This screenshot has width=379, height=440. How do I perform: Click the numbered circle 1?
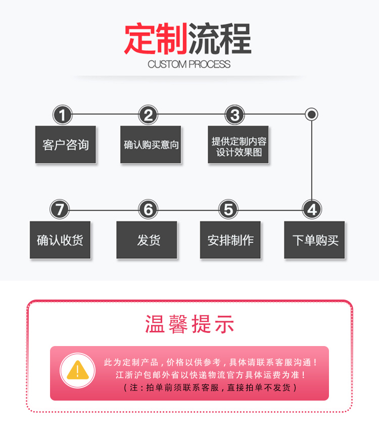pyautogui.click(x=62, y=115)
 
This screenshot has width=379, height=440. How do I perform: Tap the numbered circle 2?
pyautogui.click(x=148, y=115)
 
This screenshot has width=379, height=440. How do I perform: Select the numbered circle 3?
pyautogui.click(x=234, y=115)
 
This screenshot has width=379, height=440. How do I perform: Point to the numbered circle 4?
pyautogui.click(x=312, y=210)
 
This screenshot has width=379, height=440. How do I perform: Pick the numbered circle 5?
pyautogui.click(x=228, y=210)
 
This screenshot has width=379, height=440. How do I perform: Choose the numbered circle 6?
pyautogui.click(x=148, y=210)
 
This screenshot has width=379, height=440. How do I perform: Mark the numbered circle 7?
pyautogui.click(x=60, y=210)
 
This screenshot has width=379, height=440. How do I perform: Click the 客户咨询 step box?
pyautogui.click(x=65, y=144)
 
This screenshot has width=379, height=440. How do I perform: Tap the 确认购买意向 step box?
pyautogui.click(x=151, y=144)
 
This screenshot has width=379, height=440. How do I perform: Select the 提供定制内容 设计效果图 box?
pyautogui.click(x=239, y=144)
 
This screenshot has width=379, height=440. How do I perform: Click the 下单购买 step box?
pyautogui.click(x=314, y=240)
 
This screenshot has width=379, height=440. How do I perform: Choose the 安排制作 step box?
pyautogui.click(x=230, y=240)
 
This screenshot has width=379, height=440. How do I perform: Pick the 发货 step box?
pyautogui.click(x=147, y=240)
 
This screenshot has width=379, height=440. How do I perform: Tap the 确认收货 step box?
pyautogui.click(x=60, y=240)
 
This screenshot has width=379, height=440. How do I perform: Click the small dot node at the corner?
pyautogui.click(x=312, y=115)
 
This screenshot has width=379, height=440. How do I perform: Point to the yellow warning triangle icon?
pyautogui.click(x=78, y=370)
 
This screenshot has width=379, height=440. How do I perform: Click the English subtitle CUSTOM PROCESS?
pyautogui.click(x=189, y=64)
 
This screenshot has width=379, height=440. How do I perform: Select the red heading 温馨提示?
pyautogui.click(x=189, y=324)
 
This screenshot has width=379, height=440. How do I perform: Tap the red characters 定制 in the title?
pyautogui.click(x=156, y=38)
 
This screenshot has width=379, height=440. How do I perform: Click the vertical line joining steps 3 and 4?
pyautogui.click(x=312, y=160)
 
